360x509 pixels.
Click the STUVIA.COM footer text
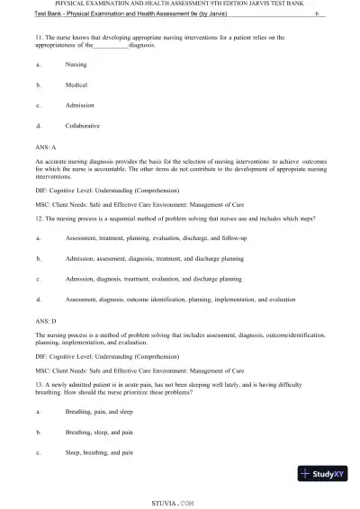180,494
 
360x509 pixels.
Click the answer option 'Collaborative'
83,125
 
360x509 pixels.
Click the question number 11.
40,37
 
